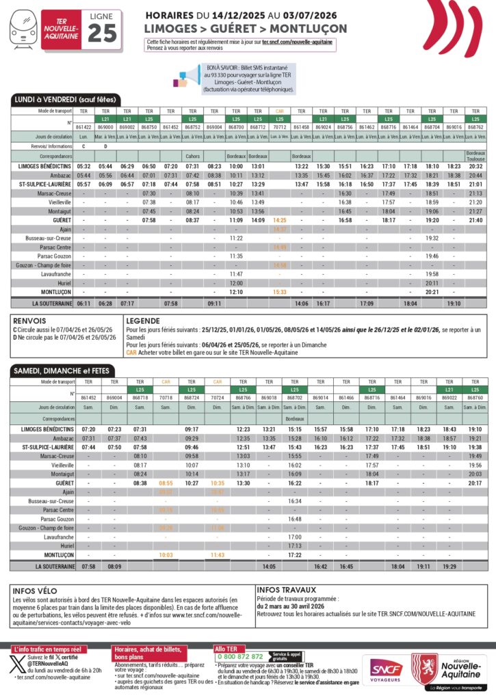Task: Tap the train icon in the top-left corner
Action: click(23, 31)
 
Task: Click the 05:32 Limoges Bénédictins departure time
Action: click(83, 166)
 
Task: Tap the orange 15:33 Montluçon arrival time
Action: click(280, 291)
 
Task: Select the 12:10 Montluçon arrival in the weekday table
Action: click(236, 291)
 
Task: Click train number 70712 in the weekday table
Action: click(280, 127)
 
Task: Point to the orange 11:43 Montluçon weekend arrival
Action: click(217, 555)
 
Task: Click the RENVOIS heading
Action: click(29, 320)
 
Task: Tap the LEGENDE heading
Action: click(143, 320)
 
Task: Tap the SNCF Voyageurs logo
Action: click(387, 672)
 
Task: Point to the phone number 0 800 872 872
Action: click(240, 656)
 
